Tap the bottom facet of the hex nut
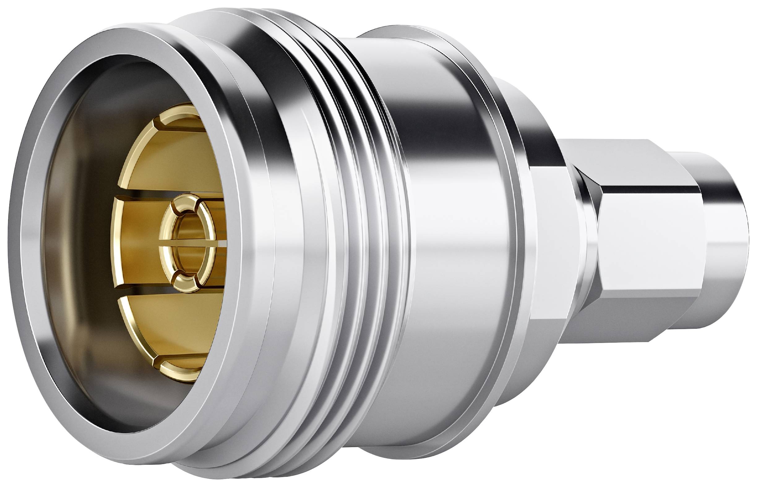tap(630, 320)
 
